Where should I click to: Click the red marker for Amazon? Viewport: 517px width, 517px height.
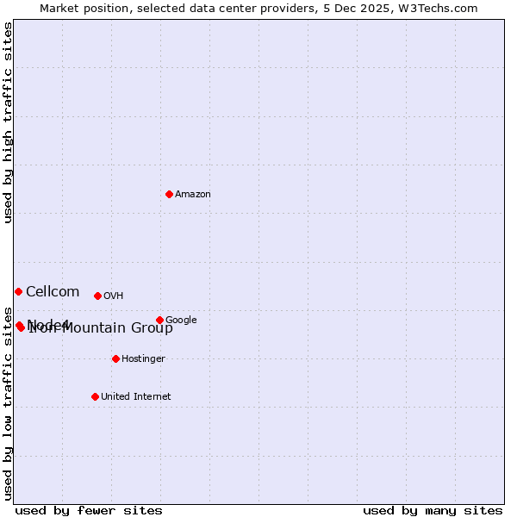coord(169,194)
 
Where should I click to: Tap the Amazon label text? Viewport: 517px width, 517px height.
coord(193,195)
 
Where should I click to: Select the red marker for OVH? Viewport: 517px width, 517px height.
coord(97,296)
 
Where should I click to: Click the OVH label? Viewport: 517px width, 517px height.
coord(113,296)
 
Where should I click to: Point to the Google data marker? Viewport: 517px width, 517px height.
coord(159,320)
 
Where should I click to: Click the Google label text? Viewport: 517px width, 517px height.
coord(181,321)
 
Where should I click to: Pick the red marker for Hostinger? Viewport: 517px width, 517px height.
coord(115,358)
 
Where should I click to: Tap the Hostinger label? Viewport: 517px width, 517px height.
coord(143,359)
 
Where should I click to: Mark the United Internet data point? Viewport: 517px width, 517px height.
coord(95,396)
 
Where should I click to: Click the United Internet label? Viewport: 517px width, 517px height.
coord(135,397)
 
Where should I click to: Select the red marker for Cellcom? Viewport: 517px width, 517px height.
coord(18,291)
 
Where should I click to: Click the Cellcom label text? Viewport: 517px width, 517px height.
coord(53,292)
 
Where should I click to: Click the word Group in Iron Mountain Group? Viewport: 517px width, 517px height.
coord(152,328)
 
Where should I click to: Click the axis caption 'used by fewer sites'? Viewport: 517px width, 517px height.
coord(89,510)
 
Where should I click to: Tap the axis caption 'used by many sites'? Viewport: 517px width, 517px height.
coord(433,510)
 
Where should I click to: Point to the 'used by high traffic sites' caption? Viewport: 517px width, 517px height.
coord(9,122)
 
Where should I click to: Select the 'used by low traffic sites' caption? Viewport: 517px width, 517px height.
coord(9,403)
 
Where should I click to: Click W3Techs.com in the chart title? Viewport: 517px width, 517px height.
coord(445,8)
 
